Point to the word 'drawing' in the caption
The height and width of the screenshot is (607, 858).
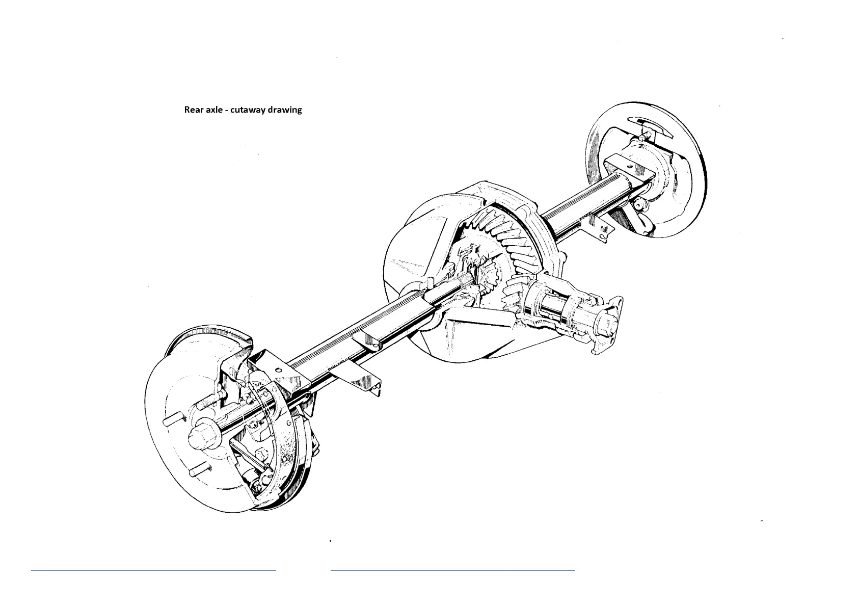(286, 110)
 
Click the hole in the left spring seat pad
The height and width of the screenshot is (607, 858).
(278, 370)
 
